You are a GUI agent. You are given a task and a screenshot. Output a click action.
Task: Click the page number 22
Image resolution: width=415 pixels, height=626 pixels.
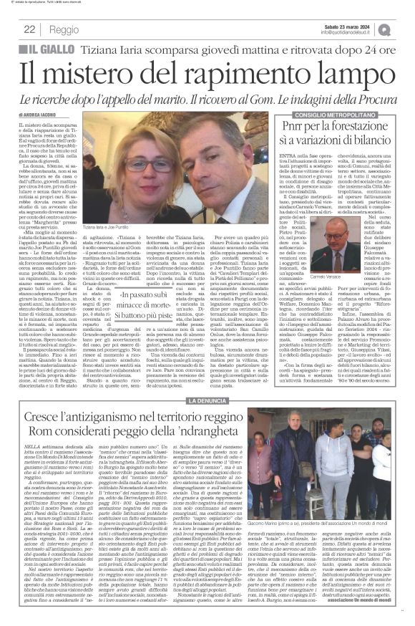pos(30,29)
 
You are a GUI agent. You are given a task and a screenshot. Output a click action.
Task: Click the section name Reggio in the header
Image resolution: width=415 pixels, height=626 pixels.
pos(64,29)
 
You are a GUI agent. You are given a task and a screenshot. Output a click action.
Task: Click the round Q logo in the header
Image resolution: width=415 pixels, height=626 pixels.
pos(405,29)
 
